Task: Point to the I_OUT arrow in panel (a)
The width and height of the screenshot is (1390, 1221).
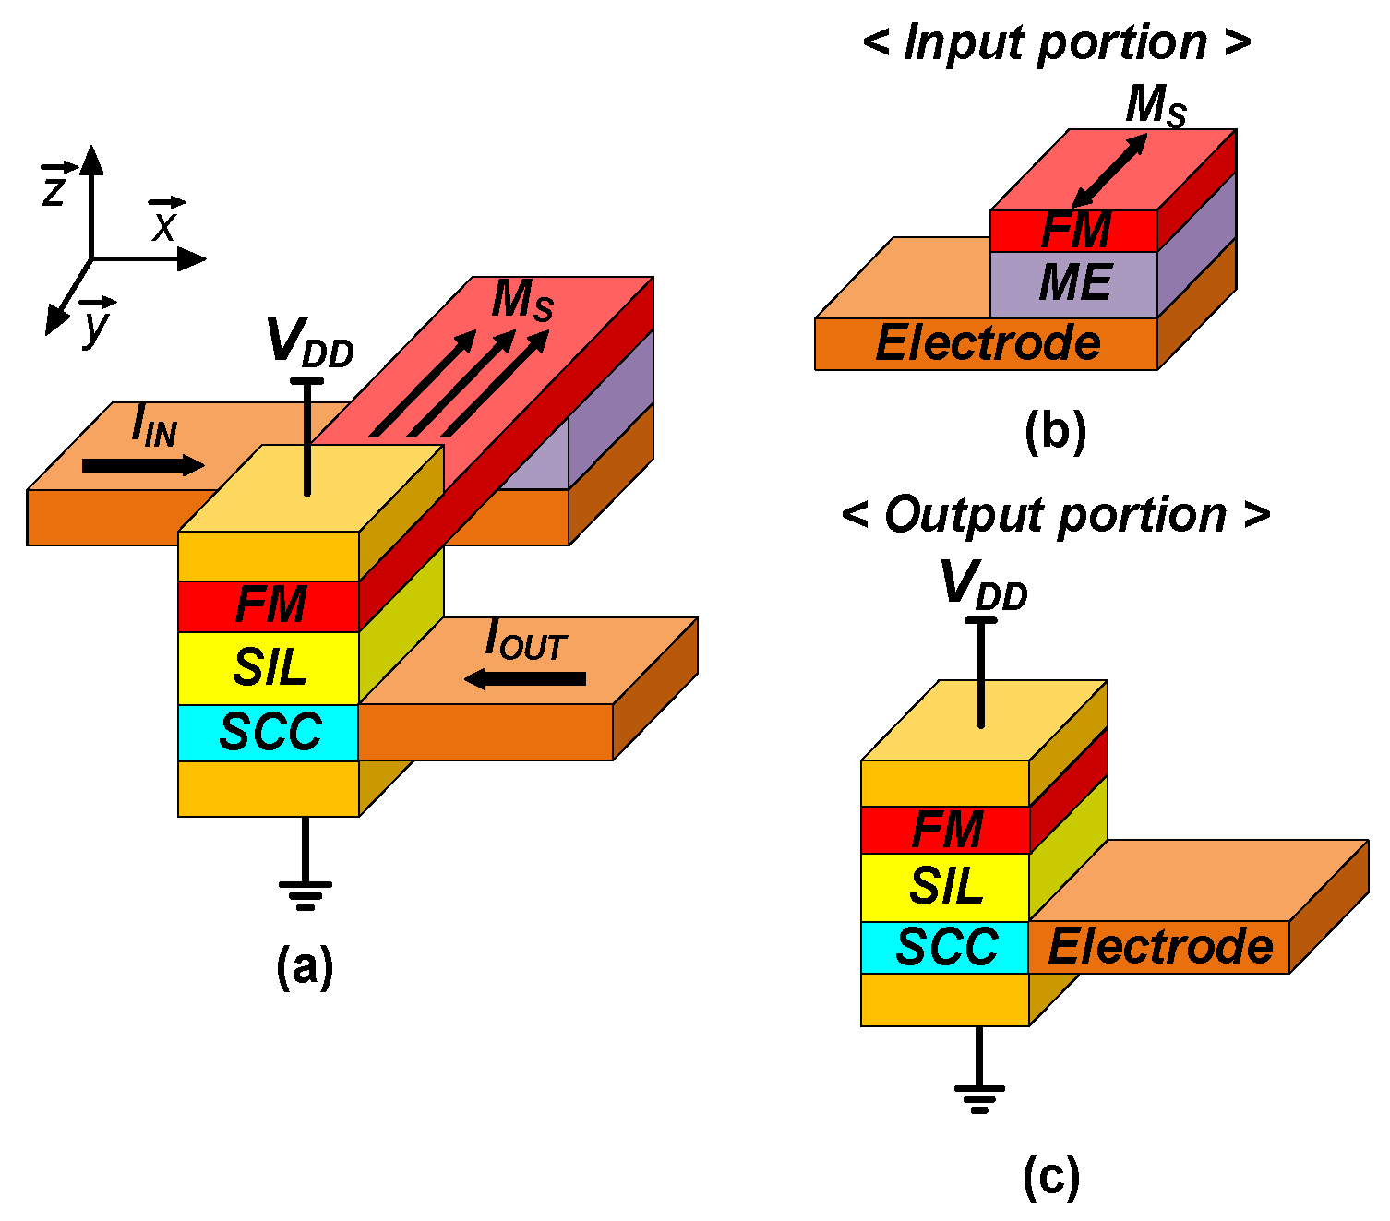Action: (x=525, y=679)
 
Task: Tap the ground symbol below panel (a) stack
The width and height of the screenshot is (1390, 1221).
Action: (x=305, y=892)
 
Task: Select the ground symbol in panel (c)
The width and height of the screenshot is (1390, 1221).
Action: (x=979, y=1097)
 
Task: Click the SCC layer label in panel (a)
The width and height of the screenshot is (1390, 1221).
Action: (x=270, y=733)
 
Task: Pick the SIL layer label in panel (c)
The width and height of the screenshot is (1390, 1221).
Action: (x=946, y=887)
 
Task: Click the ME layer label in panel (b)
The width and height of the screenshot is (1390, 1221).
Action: (x=1075, y=283)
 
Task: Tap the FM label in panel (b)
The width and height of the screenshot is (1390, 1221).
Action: (x=1075, y=231)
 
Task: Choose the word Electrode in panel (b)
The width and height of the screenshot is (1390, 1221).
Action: (x=988, y=343)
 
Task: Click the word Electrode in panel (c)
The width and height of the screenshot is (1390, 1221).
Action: (x=1160, y=947)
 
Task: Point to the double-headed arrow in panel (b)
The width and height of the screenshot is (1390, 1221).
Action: (x=1109, y=171)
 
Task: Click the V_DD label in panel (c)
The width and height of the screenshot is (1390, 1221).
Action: (x=983, y=585)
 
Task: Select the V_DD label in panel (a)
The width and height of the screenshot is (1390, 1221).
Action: (x=309, y=342)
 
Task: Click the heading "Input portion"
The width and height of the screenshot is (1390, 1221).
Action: (x=1056, y=42)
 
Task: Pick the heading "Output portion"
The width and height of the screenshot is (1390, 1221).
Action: (x=1056, y=515)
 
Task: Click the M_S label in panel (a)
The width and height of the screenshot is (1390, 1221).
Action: (x=522, y=299)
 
